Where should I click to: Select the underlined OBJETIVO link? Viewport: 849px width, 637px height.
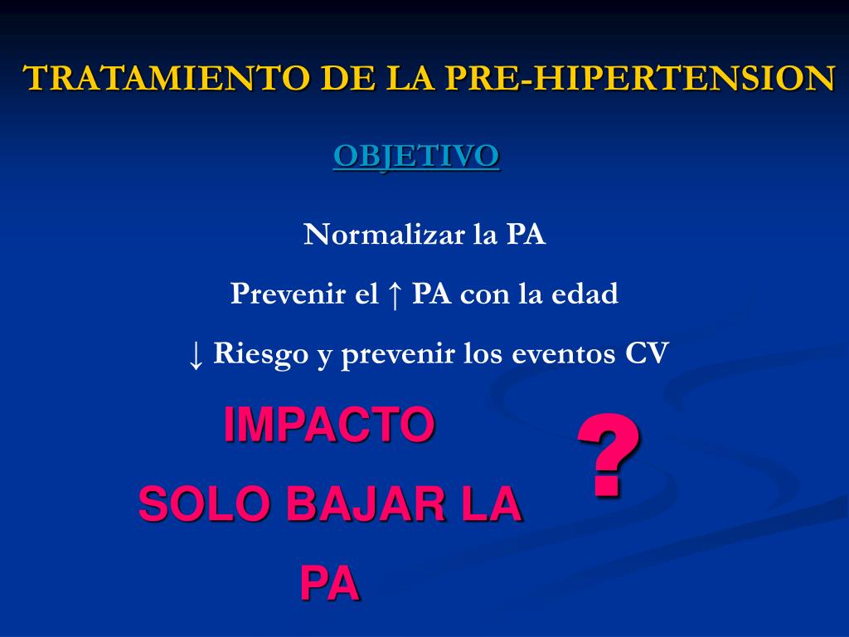click(416, 155)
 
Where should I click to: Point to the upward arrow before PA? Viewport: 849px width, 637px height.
click(395, 294)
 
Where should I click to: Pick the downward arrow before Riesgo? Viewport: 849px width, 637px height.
click(196, 354)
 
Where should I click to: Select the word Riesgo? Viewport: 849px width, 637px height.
click(260, 354)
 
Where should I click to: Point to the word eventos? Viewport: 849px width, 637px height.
click(564, 354)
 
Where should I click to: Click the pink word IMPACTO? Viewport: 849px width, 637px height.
click(329, 425)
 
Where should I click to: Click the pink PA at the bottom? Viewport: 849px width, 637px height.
click(329, 584)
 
